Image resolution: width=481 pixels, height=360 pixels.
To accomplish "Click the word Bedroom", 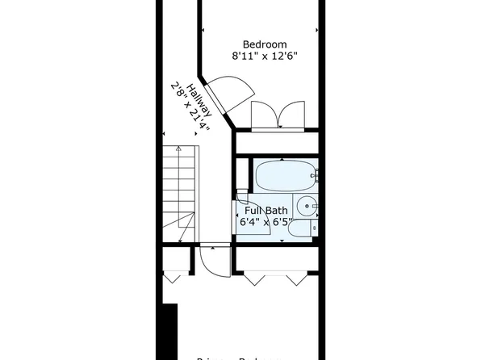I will click(x=265, y=44).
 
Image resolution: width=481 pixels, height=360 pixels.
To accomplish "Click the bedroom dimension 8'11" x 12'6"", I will click(x=265, y=57).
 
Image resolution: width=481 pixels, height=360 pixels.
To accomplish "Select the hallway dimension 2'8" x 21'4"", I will click(x=188, y=107).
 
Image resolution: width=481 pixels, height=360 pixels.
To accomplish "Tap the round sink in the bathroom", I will click(x=306, y=207).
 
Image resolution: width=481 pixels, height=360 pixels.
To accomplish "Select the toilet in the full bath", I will click(x=301, y=229).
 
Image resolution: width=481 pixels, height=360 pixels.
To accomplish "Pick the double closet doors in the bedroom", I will click(x=277, y=116).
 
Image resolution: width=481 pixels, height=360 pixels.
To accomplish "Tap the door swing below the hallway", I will click(x=207, y=260).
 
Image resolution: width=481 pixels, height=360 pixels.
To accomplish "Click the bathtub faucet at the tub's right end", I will click(x=316, y=175).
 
